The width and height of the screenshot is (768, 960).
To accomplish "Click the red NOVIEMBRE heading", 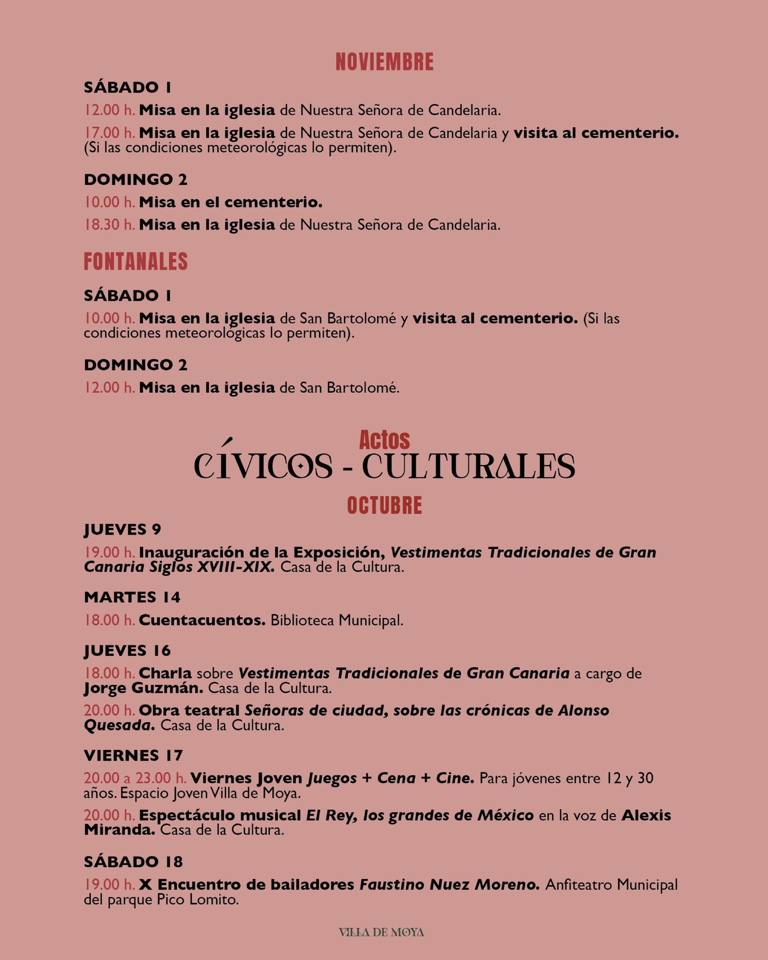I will tap(384, 62).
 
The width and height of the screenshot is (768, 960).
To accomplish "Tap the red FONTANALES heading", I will tap(136, 262).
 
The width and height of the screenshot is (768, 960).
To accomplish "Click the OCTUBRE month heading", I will tap(384, 506).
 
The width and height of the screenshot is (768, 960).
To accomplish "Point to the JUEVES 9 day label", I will tap(122, 530).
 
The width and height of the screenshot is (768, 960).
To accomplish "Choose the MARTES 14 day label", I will tap(132, 597).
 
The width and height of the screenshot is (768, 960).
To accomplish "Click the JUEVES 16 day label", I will tap(127, 651).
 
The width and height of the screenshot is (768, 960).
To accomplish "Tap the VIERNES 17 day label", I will tap(133, 756).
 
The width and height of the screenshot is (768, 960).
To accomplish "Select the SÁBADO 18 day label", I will tap(133, 862).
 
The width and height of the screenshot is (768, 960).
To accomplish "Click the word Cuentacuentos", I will tap(202, 620).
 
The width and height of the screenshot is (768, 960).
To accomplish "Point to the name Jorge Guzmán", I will tap(143, 689).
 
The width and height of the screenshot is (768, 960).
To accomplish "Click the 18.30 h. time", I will tap(110, 225).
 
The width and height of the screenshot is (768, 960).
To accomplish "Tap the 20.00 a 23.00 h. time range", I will tap(135, 779).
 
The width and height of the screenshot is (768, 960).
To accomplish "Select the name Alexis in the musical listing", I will tap(646, 816).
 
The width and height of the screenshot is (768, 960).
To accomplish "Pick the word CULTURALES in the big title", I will tap(468, 466).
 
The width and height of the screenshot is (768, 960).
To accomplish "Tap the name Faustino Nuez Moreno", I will tap(450, 885).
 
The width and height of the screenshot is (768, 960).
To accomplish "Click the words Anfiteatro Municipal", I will tap(611, 885).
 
